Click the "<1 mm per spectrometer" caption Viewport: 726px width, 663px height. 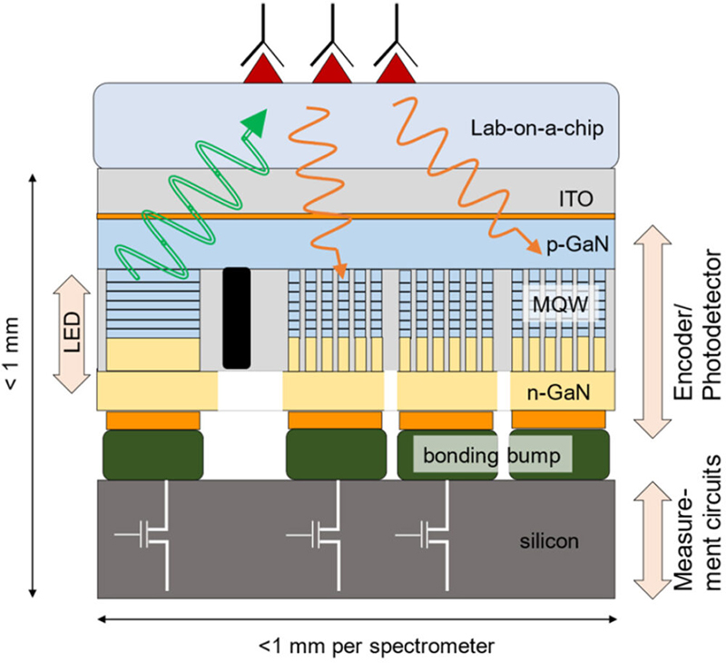click(375, 647)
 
